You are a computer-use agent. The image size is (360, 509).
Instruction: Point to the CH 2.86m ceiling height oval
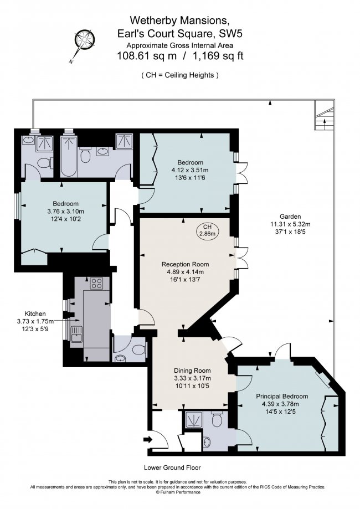click(207, 230)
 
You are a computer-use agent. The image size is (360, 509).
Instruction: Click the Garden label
click(282, 217)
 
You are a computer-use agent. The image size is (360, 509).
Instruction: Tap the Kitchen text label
click(35, 313)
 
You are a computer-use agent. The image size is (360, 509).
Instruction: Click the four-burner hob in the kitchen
click(96, 284)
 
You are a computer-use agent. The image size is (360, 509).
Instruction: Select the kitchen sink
click(76, 334)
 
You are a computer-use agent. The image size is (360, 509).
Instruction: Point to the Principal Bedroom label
click(281, 397)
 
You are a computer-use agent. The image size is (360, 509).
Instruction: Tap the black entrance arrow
click(147, 440)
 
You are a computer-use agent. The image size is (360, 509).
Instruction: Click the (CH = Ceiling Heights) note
click(179, 75)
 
